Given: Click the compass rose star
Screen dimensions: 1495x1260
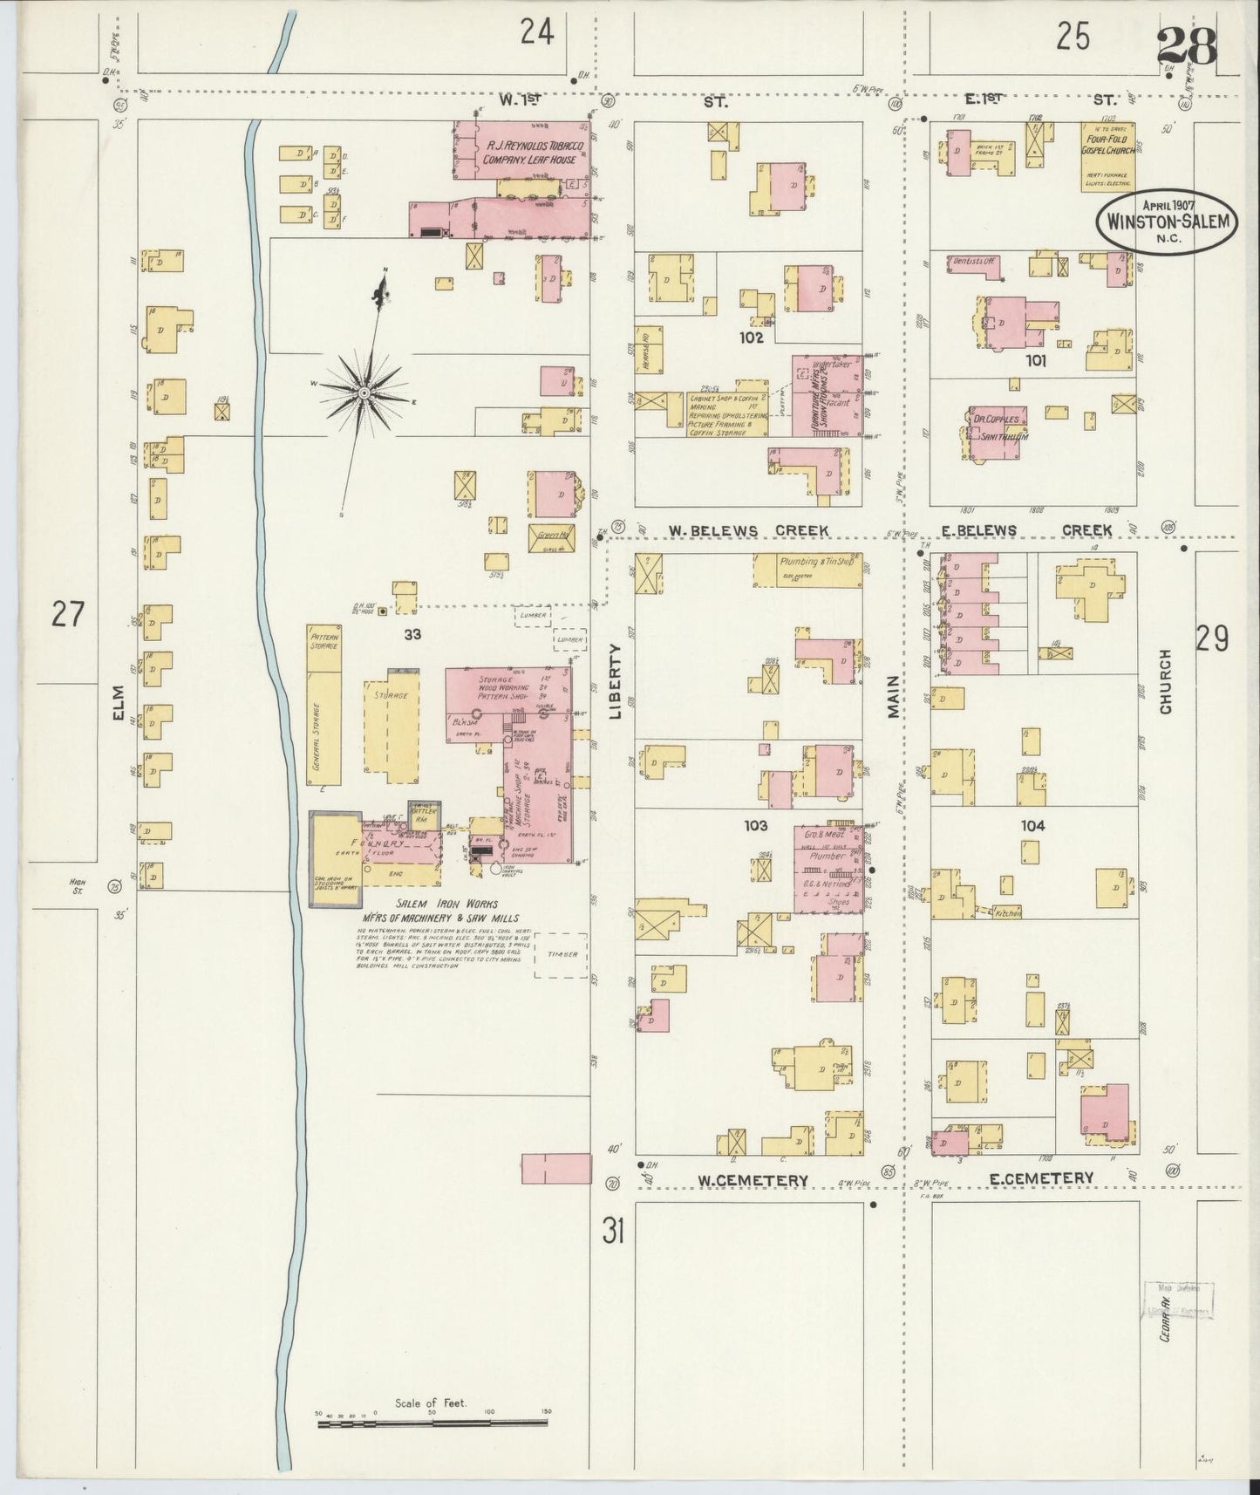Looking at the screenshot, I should (364, 395).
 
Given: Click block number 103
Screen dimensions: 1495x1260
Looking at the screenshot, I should (755, 825).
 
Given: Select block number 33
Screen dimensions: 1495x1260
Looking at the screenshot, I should (412, 634).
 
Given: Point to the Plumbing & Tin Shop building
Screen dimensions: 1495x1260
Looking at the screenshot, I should (808, 568).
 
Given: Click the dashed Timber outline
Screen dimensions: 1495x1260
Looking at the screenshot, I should (562, 954).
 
